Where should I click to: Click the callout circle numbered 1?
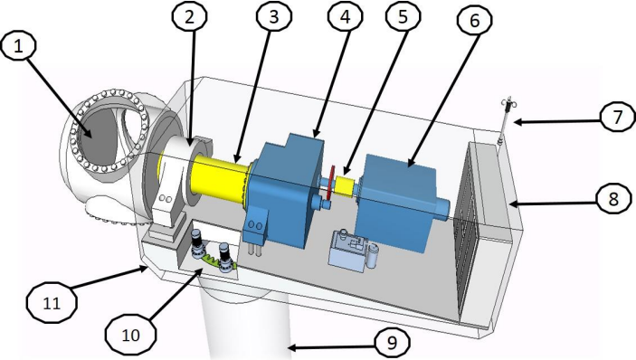[19, 46]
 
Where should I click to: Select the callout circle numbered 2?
[189, 16]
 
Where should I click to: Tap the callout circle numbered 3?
[274, 16]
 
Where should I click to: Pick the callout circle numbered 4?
[346, 16]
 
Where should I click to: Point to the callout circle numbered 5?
[403, 16]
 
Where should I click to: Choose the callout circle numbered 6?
[474, 20]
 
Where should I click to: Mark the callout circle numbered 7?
[617, 118]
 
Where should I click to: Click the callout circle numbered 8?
[613, 199]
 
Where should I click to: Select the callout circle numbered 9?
[392, 343]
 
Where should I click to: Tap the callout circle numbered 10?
[130, 335]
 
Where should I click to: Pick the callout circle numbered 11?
[52, 303]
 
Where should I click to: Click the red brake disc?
[331, 183]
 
